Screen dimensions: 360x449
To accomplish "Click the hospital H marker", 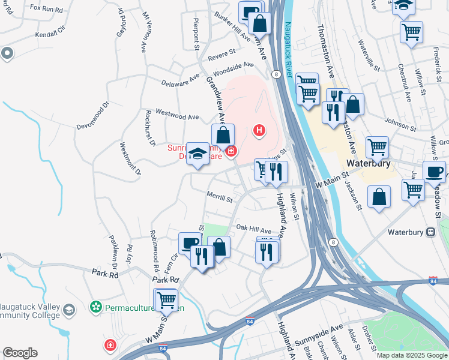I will pos(259,130).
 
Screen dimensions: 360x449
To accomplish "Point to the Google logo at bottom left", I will pos(19,353).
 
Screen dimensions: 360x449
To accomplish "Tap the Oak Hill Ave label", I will pos(253,229).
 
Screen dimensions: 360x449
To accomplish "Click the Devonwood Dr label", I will pos(92,118).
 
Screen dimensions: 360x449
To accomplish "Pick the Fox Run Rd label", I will pos(46,10).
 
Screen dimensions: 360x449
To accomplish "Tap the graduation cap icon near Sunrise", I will pos(197,154).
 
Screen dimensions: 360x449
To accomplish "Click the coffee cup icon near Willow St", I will pos(434,171).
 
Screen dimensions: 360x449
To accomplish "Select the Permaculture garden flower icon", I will pos(95,308).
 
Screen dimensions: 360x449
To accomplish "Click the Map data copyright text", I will pos(412,355).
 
